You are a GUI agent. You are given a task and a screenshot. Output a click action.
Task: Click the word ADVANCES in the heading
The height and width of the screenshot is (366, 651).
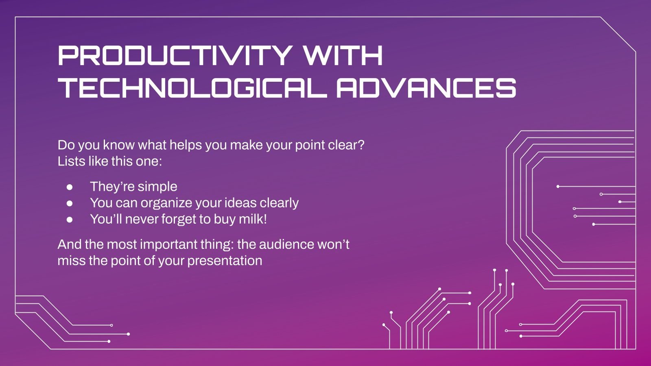tap(426, 88)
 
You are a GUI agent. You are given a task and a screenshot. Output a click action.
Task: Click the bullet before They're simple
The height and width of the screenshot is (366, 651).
tap(70, 187)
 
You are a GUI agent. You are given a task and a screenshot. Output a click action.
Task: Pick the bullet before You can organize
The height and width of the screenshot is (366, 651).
tap(70, 203)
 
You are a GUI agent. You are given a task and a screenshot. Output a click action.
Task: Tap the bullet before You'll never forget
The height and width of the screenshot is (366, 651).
tap(70, 219)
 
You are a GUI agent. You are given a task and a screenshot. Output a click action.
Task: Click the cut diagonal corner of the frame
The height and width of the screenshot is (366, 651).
tap(618, 34)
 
